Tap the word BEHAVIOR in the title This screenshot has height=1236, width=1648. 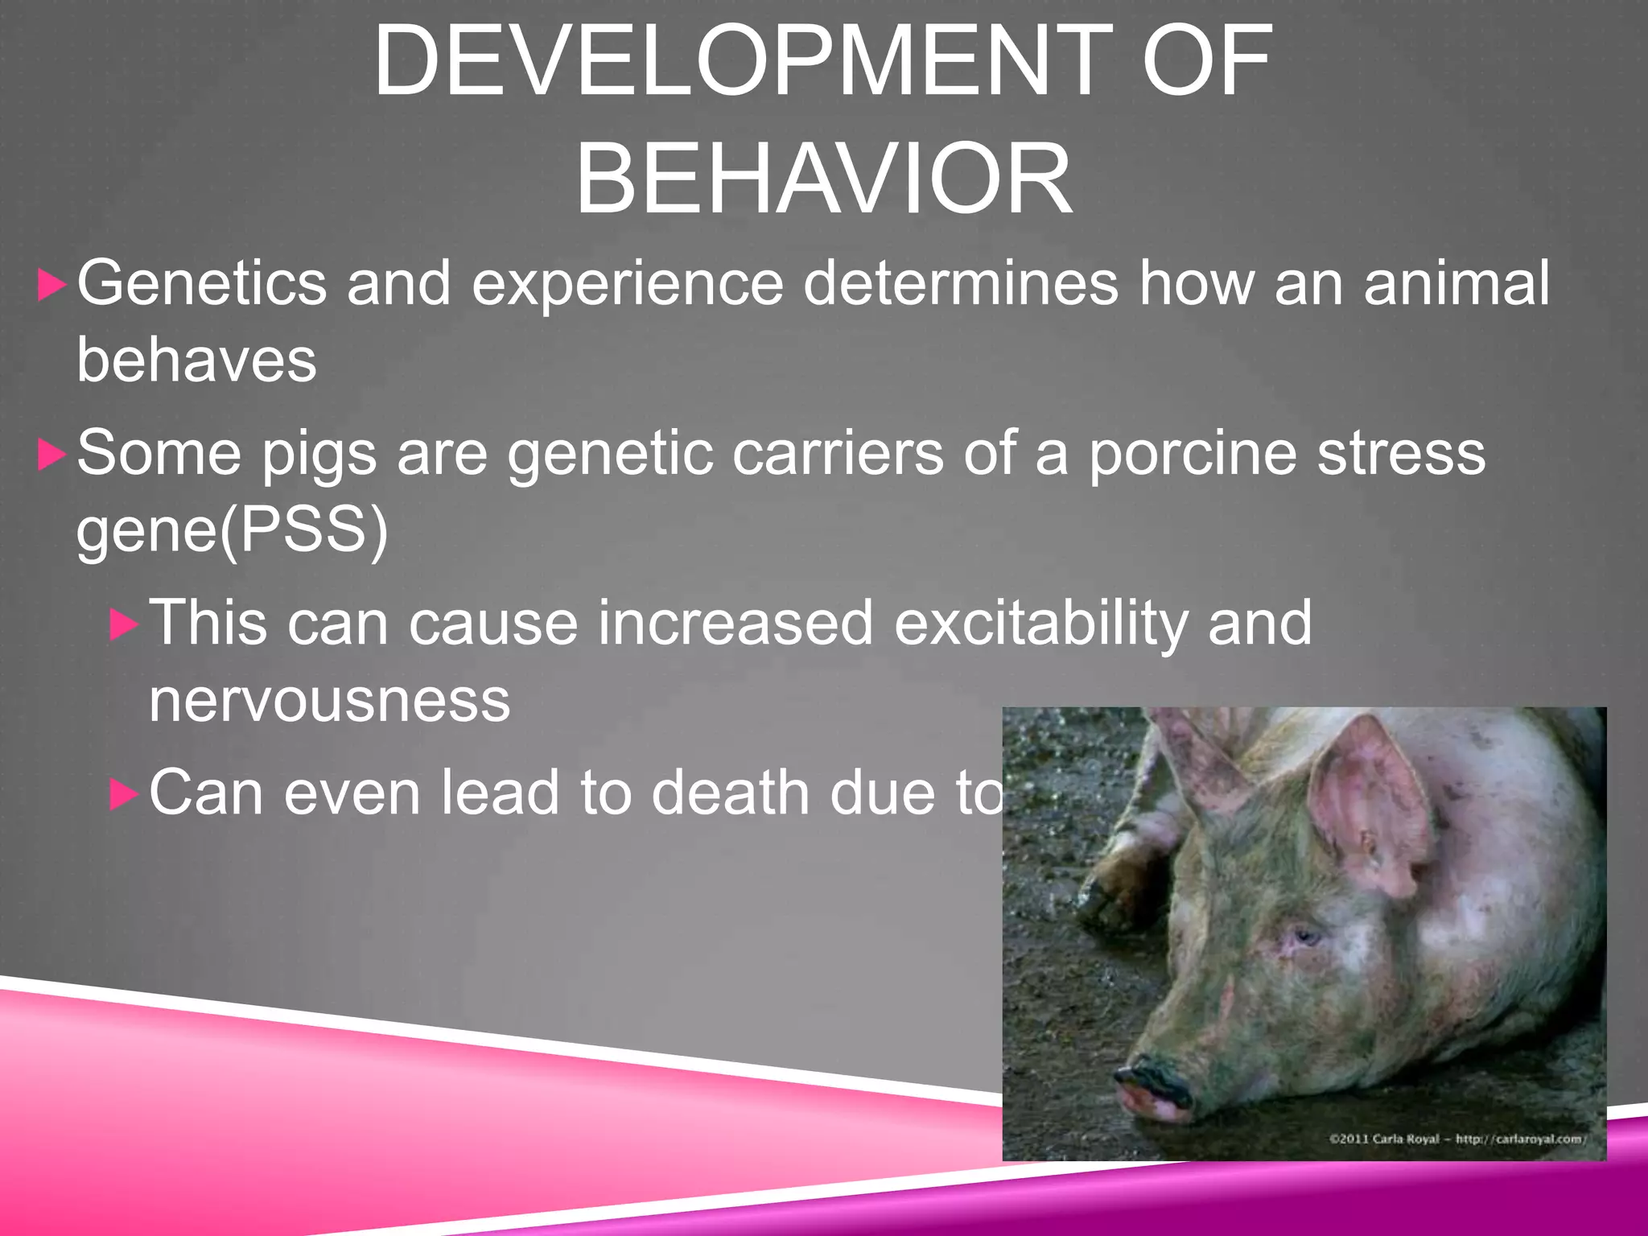click(x=823, y=179)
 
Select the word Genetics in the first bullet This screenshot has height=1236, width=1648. click(x=201, y=283)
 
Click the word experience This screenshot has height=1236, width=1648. click(x=627, y=283)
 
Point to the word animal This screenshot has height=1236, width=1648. click(x=1456, y=283)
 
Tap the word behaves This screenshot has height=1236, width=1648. click(x=196, y=360)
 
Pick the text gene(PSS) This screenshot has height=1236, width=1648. click(x=232, y=531)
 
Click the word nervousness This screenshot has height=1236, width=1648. click(x=329, y=700)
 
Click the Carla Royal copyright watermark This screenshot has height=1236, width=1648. click(x=1456, y=1139)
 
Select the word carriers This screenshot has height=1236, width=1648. click(x=838, y=454)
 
